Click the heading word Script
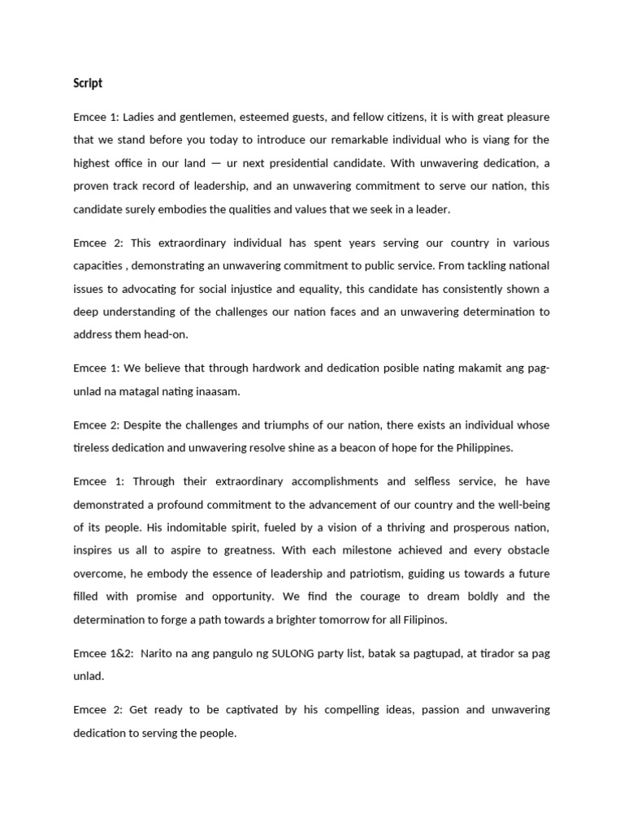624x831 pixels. pyautogui.click(x=88, y=84)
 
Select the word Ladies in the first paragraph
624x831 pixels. pyautogui.click(x=139, y=118)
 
